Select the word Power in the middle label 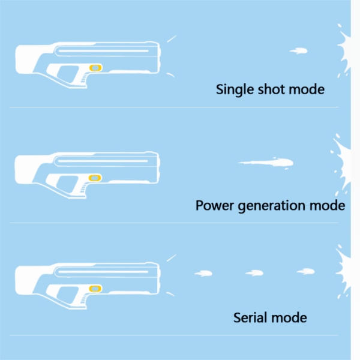[x=213, y=205]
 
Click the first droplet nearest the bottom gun [x=203, y=274]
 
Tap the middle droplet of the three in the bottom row [x=254, y=273]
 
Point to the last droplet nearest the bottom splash [x=305, y=272]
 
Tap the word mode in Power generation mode [x=326, y=205]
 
